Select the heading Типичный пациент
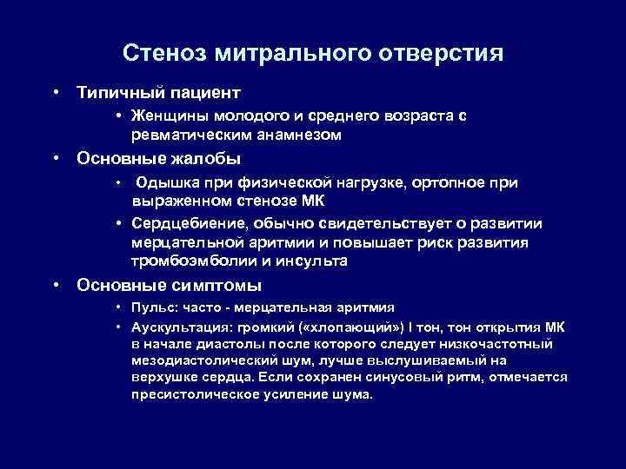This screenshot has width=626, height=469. point(158,91)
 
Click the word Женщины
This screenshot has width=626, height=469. point(169,116)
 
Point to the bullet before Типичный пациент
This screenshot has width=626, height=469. point(56,91)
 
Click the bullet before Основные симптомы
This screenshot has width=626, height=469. point(56,285)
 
